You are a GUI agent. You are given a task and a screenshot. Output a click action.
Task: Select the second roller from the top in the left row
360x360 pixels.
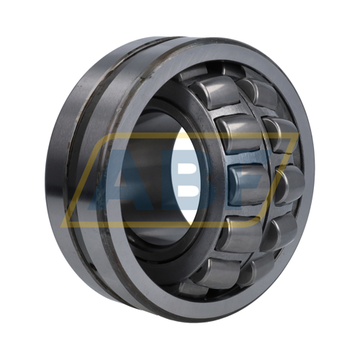(x=240, y=133)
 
